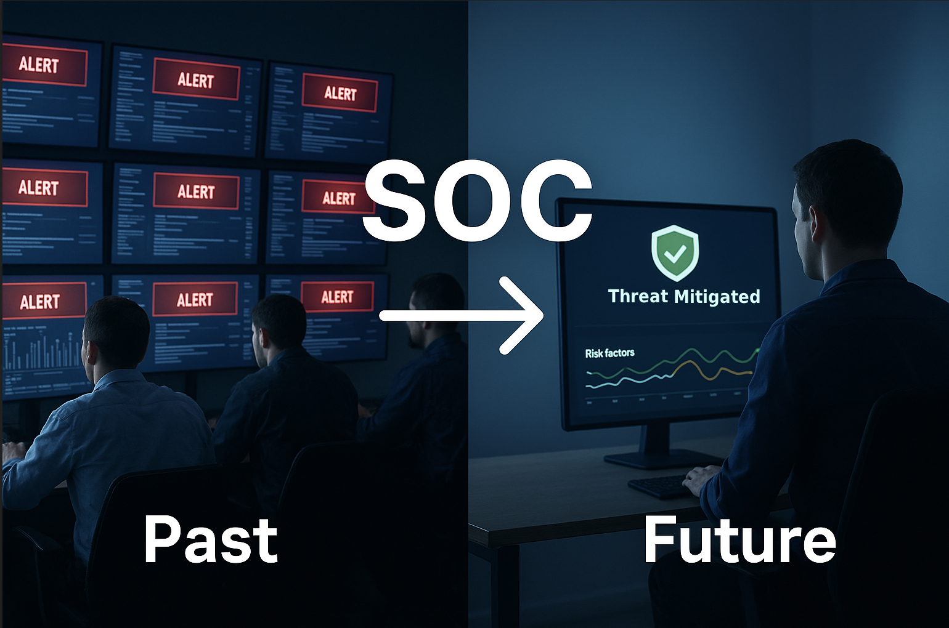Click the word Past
(211, 540)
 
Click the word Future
(739, 540)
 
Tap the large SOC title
(478, 201)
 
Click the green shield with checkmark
(675, 252)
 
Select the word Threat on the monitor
(638, 296)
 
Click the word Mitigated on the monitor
(717, 297)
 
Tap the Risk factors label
(609, 353)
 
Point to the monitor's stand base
(662, 459)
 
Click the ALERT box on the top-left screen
(43, 65)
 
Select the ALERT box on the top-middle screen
(196, 79)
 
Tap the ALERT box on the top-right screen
(340, 94)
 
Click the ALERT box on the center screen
(196, 191)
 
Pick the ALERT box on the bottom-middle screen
(195, 299)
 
